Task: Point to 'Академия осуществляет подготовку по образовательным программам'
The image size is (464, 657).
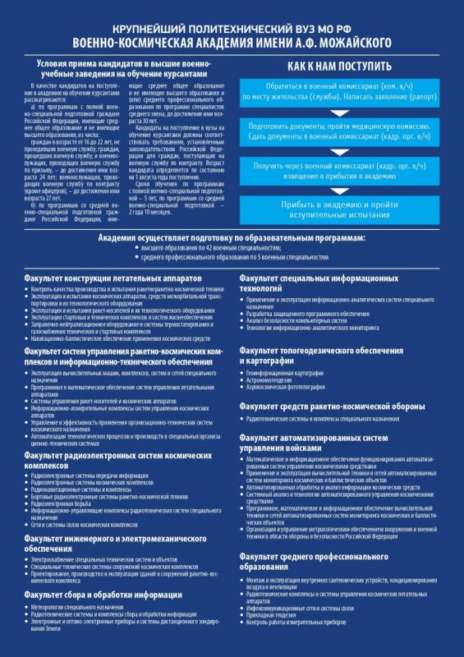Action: (232, 237)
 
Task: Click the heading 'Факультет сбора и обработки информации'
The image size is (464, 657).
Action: (103, 594)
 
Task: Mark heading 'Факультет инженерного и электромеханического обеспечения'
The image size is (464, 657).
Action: (114, 543)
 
